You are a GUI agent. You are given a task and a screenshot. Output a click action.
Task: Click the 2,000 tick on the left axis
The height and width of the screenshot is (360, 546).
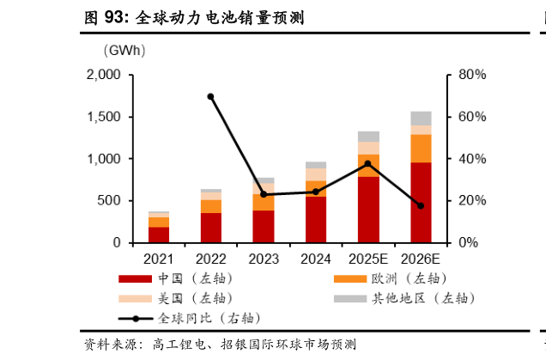[104, 75]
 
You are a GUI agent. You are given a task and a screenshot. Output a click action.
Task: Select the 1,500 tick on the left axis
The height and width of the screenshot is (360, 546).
[104, 117]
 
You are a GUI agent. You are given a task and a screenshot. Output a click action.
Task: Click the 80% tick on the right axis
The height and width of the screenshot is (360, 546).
[471, 75]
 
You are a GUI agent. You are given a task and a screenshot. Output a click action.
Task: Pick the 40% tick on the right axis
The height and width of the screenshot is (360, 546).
[471, 159]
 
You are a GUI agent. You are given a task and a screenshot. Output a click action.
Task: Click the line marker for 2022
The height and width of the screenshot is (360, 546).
[211, 96]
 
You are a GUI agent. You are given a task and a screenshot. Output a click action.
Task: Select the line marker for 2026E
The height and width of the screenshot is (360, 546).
[421, 206]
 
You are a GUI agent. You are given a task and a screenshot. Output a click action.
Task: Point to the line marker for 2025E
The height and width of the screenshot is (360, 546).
[368, 163]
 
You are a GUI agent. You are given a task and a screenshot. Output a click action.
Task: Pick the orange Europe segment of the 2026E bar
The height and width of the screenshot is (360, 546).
[421, 148]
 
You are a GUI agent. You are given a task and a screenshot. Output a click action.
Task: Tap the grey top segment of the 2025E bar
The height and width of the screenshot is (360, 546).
[368, 136]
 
